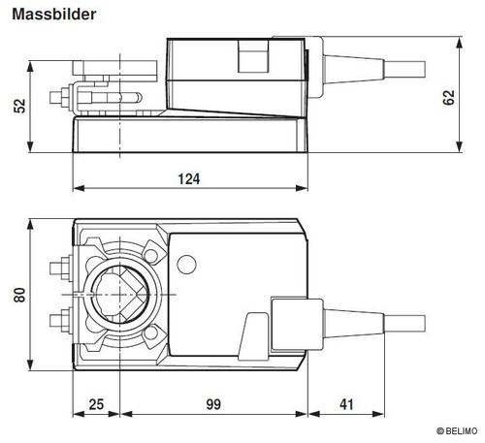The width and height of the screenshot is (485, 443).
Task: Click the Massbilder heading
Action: click(x=54, y=15)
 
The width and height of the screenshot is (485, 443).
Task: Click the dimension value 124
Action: click(x=189, y=179)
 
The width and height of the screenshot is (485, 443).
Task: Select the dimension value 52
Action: click(x=19, y=106)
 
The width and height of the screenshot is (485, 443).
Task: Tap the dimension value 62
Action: click(x=448, y=98)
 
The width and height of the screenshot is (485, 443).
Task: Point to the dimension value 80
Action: click(x=19, y=295)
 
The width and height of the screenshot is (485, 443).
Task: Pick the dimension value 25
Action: click(x=96, y=404)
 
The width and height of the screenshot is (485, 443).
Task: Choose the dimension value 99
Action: click(x=213, y=404)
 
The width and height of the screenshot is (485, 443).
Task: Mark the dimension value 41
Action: click(x=346, y=404)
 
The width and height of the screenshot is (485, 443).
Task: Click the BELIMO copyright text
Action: click(x=457, y=431)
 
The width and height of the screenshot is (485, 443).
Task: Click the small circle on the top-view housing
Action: click(x=187, y=265)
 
